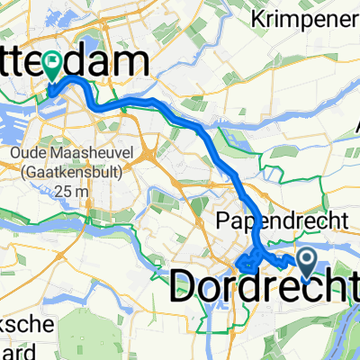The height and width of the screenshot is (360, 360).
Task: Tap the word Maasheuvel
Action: pyautogui.click(x=83, y=154)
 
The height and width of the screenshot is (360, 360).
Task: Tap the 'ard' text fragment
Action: pyautogui.click(x=14, y=349)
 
